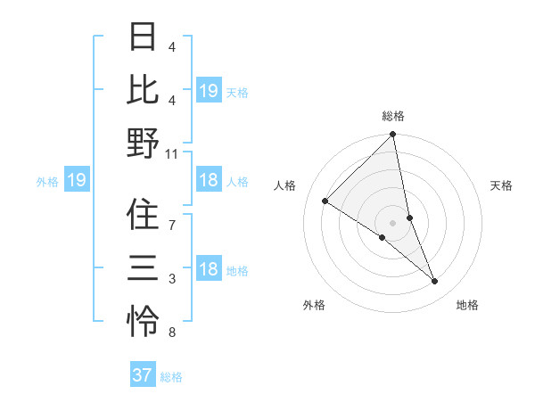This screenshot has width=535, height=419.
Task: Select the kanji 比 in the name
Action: [x=143, y=89]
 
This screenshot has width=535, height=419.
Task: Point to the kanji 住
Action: [x=143, y=214]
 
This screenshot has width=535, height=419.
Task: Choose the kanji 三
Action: [x=143, y=267]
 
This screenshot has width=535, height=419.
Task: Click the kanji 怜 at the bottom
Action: [x=143, y=321]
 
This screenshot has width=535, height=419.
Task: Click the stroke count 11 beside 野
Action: [x=172, y=153]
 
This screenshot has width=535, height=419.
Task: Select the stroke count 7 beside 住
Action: [x=172, y=225]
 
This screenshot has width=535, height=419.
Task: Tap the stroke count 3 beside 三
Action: [x=172, y=279]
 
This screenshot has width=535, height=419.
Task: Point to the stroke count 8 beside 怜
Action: [x=172, y=333]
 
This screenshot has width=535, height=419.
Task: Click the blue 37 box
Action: [x=143, y=375]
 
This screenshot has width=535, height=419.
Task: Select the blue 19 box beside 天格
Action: [x=209, y=91]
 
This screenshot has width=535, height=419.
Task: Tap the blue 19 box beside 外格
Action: [x=77, y=181]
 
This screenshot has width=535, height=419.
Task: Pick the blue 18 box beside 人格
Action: [x=209, y=181]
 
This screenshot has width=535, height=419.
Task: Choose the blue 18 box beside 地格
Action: [x=209, y=270]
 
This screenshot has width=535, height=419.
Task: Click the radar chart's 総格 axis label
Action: [x=393, y=116]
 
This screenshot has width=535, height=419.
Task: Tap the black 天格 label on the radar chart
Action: [x=502, y=185]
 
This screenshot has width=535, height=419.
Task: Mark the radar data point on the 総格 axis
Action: [x=393, y=136]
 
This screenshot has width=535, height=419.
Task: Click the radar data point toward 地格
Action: [x=435, y=282]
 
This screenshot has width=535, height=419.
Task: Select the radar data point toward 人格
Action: [x=325, y=201]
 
